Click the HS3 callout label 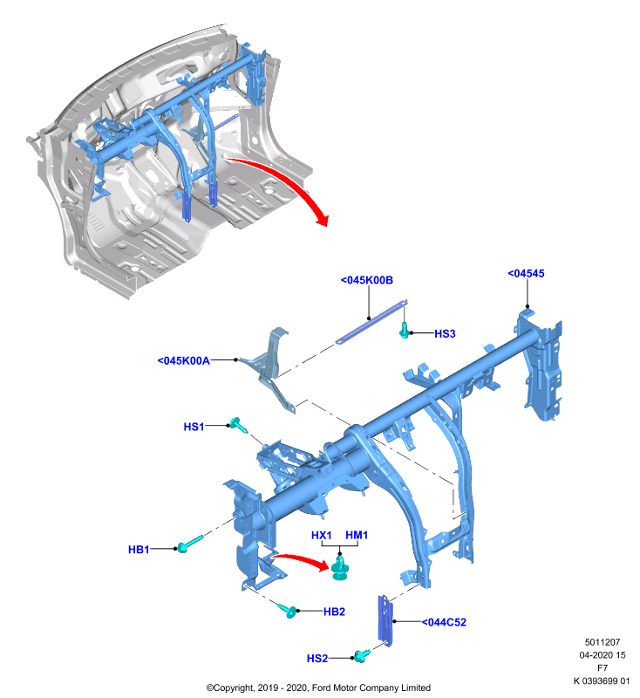(445, 333)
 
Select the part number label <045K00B (367, 280)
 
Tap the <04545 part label (526, 273)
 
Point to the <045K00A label (184, 360)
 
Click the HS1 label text (194, 427)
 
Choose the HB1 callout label (139, 550)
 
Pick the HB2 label (334, 612)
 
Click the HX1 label (322, 535)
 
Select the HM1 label (357, 535)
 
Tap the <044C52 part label (444, 622)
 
